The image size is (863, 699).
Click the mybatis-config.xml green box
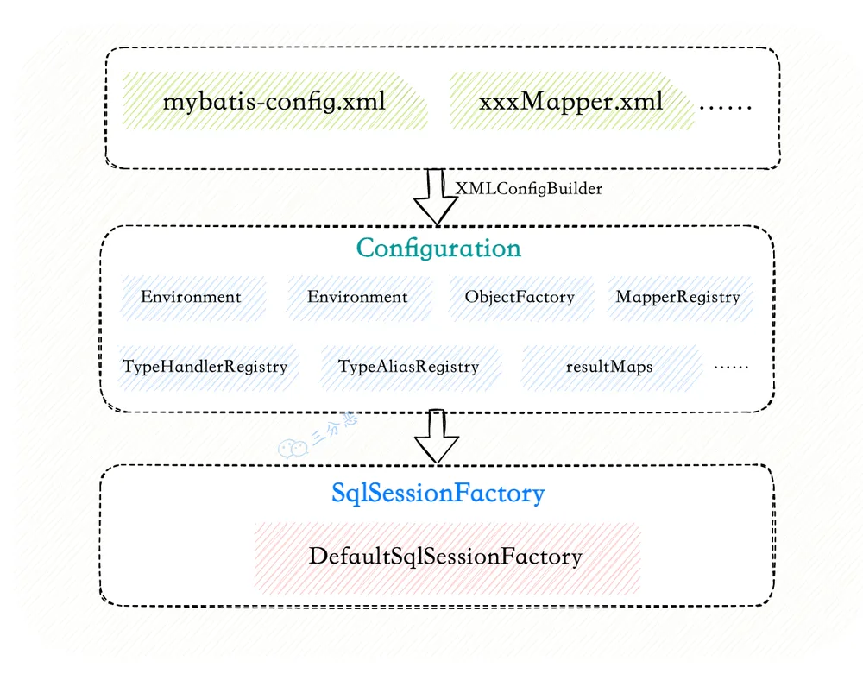pos(274,101)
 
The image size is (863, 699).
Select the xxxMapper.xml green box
pos(570,101)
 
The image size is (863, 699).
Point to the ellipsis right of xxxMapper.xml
pos(725,107)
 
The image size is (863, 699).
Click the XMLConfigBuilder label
pos(528,189)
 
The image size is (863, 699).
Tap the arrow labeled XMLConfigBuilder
pos(435,197)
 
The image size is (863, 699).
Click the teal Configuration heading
pos(438,249)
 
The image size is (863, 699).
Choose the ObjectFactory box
pos(520,297)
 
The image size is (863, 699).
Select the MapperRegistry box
pos(678,297)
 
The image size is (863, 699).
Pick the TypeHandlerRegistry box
pos(205,367)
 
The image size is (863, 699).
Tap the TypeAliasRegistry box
pos(408,367)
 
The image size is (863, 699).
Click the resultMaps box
pos(610,367)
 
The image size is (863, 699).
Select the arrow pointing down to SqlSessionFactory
pos(436,436)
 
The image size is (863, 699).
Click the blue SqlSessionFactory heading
pos(438,493)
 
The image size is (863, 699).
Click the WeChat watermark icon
pos(293,449)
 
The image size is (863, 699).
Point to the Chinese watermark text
pos(335,428)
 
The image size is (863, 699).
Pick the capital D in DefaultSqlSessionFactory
pos(318,557)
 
